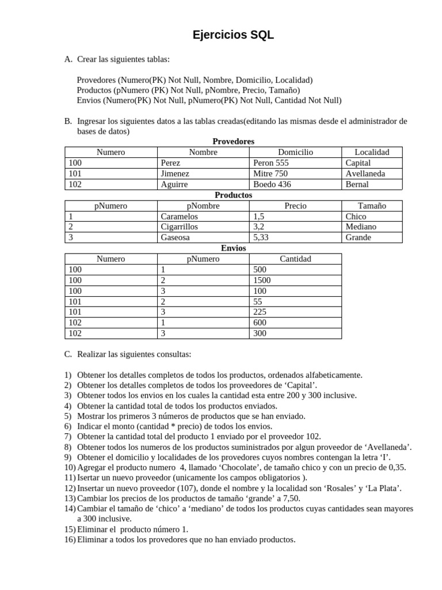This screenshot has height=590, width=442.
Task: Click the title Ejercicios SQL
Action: tap(233, 36)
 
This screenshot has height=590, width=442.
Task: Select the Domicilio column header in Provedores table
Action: tap(295, 152)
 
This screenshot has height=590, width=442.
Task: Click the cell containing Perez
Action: tap(171, 163)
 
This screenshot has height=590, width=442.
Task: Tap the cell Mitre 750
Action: tap(270, 173)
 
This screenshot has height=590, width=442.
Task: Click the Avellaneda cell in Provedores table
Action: tap(365, 173)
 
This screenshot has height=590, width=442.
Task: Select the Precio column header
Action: tap(295, 206)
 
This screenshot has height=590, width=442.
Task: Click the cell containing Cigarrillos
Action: tap(180, 227)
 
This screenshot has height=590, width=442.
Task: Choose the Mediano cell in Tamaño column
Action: tap(361, 227)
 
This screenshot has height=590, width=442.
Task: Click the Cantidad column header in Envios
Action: tap(295, 259)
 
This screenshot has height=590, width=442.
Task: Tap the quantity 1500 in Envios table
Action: tap(262, 280)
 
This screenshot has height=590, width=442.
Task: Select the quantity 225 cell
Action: tap(260, 312)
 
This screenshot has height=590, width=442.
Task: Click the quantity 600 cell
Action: tap(260, 323)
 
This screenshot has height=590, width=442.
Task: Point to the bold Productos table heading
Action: tap(233, 195)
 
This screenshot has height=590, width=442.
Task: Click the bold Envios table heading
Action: tap(233, 248)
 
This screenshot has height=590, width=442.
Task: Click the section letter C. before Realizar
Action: tap(68, 354)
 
